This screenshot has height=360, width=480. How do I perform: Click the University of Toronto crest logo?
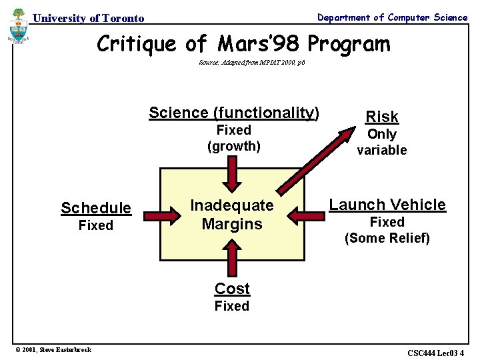18,26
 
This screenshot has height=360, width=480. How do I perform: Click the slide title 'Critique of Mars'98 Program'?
243,44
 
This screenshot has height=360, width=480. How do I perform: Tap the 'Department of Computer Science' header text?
392,17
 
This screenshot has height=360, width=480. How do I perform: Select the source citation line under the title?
252,63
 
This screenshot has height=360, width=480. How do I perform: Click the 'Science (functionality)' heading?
234,113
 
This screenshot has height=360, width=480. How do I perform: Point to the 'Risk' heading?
382,117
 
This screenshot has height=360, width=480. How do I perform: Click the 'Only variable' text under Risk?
382,142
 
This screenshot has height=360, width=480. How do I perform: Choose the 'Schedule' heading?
96,208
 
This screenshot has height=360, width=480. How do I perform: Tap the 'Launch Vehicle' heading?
387,205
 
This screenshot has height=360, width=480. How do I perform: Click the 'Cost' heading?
232,289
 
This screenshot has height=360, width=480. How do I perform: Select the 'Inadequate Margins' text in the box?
232,214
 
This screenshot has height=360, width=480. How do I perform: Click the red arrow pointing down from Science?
232,174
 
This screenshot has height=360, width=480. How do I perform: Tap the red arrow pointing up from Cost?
232,259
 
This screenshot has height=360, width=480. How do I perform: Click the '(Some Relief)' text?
387,238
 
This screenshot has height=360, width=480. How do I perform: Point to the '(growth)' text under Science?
234,146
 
